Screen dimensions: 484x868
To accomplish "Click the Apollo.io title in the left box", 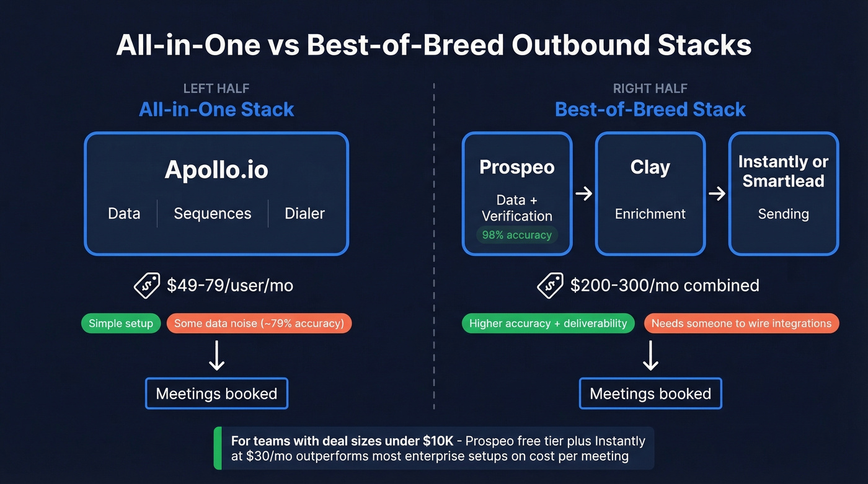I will [216, 170].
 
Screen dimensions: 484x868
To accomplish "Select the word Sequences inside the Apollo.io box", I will [213, 214].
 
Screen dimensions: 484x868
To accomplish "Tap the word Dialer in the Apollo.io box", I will [304, 214].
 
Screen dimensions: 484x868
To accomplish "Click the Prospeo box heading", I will [517, 167].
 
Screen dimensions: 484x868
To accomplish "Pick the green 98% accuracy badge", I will [516, 235].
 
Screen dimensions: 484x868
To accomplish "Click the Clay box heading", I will [650, 167].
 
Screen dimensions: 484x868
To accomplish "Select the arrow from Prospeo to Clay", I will [583, 194].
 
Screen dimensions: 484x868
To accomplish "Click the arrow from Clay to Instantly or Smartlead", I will [717, 194].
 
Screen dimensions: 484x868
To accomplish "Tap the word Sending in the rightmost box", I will [783, 214].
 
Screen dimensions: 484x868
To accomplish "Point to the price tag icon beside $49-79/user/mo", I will [147, 286].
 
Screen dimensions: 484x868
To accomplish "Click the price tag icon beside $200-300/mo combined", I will [550, 286].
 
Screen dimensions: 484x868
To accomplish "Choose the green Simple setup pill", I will [121, 323].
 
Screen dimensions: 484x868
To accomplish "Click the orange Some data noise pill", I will [259, 323].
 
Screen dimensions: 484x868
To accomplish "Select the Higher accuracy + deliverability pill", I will [548, 323].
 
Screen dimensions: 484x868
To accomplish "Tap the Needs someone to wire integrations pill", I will [741, 323].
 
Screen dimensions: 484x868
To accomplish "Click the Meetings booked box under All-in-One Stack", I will [216, 394].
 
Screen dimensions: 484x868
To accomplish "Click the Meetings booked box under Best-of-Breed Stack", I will [650, 394].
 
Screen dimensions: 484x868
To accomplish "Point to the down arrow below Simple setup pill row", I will [216, 356].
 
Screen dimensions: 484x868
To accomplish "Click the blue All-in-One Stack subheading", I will [216, 110].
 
